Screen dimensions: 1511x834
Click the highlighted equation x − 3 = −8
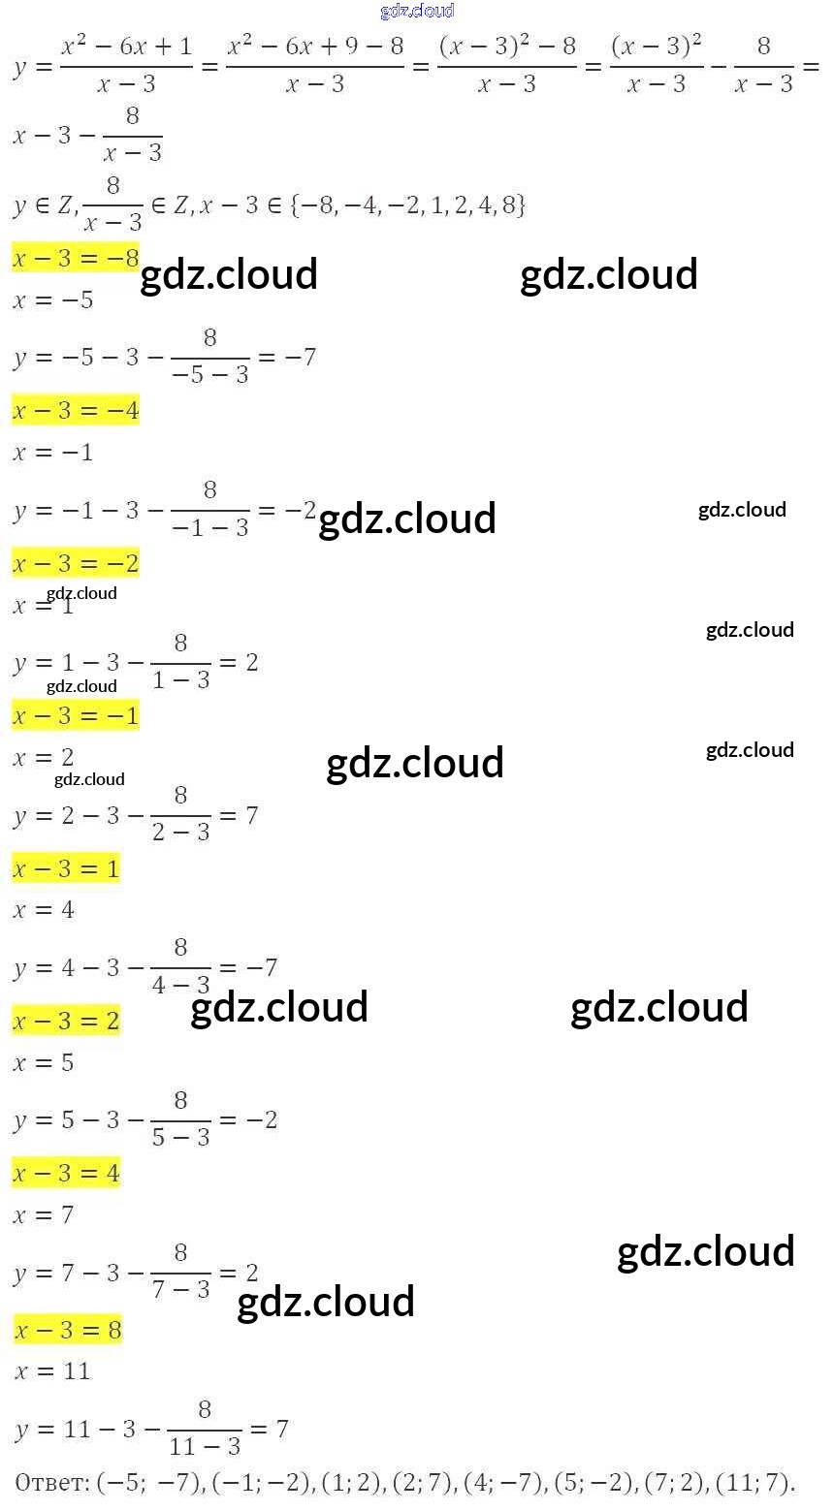pyautogui.click(x=76, y=258)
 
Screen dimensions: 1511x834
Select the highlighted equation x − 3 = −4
pyautogui.click(x=76, y=411)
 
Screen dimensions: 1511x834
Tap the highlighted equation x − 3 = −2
pyautogui.click(x=76, y=563)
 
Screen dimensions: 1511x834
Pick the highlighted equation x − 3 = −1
pyautogui.click(x=76, y=716)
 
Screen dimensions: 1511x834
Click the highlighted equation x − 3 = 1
pyautogui.click(x=66, y=868)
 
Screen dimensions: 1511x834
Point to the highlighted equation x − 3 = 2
pyautogui.click(x=66, y=1022)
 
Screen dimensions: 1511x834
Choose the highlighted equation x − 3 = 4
pyautogui.click(x=66, y=1174)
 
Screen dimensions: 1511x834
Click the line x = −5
pyautogui.click(x=53, y=300)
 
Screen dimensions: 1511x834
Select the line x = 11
pyautogui.click(x=52, y=1371)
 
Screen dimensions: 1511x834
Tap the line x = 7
pyautogui.click(x=44, y=1215)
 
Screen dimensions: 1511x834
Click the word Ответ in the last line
pyautogui.click(x=52, y=1482)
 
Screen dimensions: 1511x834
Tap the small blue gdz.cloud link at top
pyautogui.click(x=417, y=12)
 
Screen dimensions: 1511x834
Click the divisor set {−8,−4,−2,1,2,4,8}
pyautogui.click(x=407, y=205)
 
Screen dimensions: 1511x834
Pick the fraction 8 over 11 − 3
pyautogui.click(x=205, y=1428)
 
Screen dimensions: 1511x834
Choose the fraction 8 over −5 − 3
pyautogui.click(x=210, y=356)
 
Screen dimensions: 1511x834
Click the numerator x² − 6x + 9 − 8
pyautogui.click(x=315, y=47)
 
